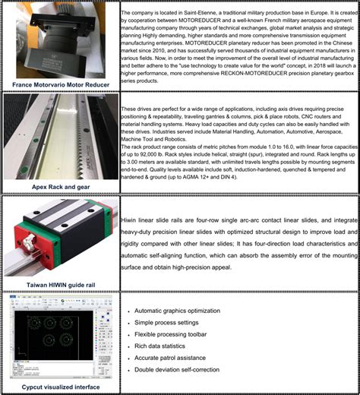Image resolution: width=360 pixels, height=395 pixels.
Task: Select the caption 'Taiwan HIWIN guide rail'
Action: click(x=60, y=283)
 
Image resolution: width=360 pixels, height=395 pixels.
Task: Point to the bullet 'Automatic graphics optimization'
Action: click(x=182, y=312)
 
